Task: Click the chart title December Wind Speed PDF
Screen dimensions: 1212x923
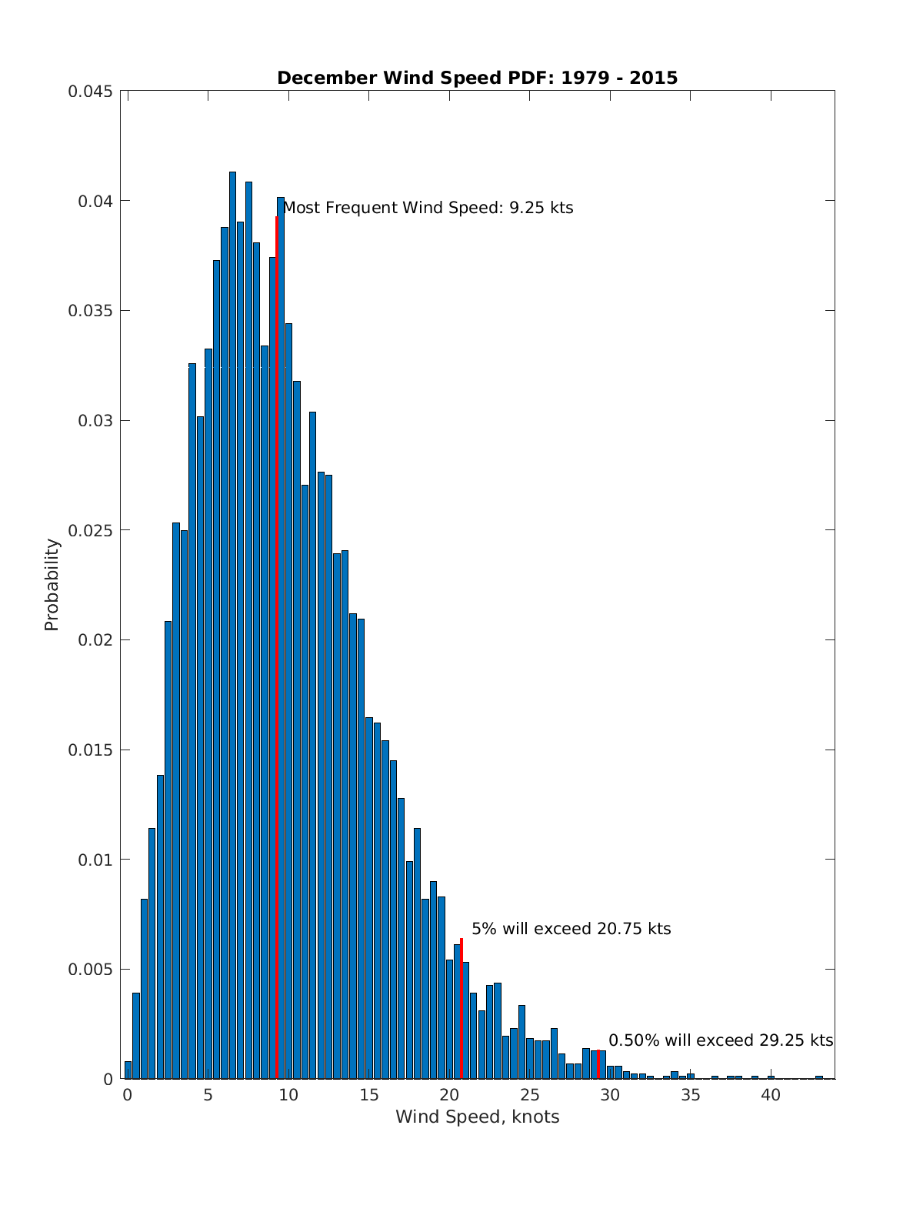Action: pyautogui.click(x=477, y=78)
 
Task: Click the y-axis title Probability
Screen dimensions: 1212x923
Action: pyautogui.click(x=52, y=584)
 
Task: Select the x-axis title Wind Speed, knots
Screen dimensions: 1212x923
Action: pyautogui.click(x=477, y=1117)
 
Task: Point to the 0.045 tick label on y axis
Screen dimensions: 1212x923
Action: pyautogui.click(x=90, y=92)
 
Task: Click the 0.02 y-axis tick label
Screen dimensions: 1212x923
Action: pyautogui.click(x=95, y=640)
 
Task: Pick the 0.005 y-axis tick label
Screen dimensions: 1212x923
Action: pyautogui.click(x=90, y=970)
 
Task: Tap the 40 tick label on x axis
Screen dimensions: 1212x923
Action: pyautogui.click(x=771, y=1095)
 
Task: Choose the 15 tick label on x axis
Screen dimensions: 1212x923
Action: pyautogui.click(x=368, y=1095)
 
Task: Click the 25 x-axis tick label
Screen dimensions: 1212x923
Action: pyautogui.click(x=529, y=1095)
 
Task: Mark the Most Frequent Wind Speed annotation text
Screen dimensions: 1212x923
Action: pyautogui.click(x=428, y=208)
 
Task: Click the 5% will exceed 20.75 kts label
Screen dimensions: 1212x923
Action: pyautogui.click(x=571, y=929)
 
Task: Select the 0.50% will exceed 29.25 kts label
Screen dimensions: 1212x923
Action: pyautogui.click(x=721, y=1040)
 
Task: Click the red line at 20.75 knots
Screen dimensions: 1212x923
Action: pyautogui.click(x=461, y=1008)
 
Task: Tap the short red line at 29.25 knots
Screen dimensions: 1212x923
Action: pyautogui.click(x=598, y=1064)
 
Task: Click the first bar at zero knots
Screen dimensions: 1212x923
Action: pyautogui.click(x=128, y=1070)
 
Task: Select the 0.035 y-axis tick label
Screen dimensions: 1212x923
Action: pyautogui.click(x=90, y=311)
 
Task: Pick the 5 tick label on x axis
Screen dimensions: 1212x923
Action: pyautogui.click(x=208, y=1095)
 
